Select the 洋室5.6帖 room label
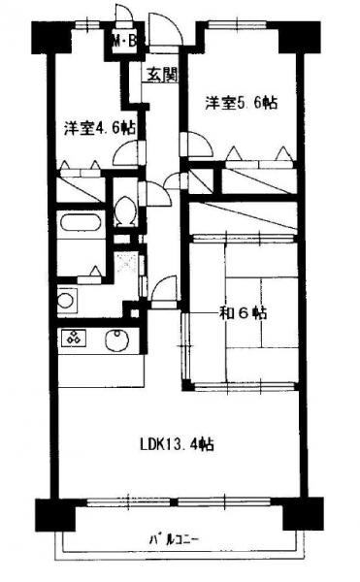(x=242, y=103)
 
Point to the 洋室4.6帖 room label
(x=99, y=128)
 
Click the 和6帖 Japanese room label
(x=244, y=313)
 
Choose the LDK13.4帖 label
(x=177, y=444)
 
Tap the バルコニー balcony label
(x=174, y=538)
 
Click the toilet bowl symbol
(x=125, y=210)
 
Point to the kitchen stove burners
(x=74, y=338)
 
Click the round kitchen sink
(x=116, y=340)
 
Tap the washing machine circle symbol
(x=66, y=301)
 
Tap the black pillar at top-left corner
(x=50, y=37)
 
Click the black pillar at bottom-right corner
(x=304, y=514)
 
